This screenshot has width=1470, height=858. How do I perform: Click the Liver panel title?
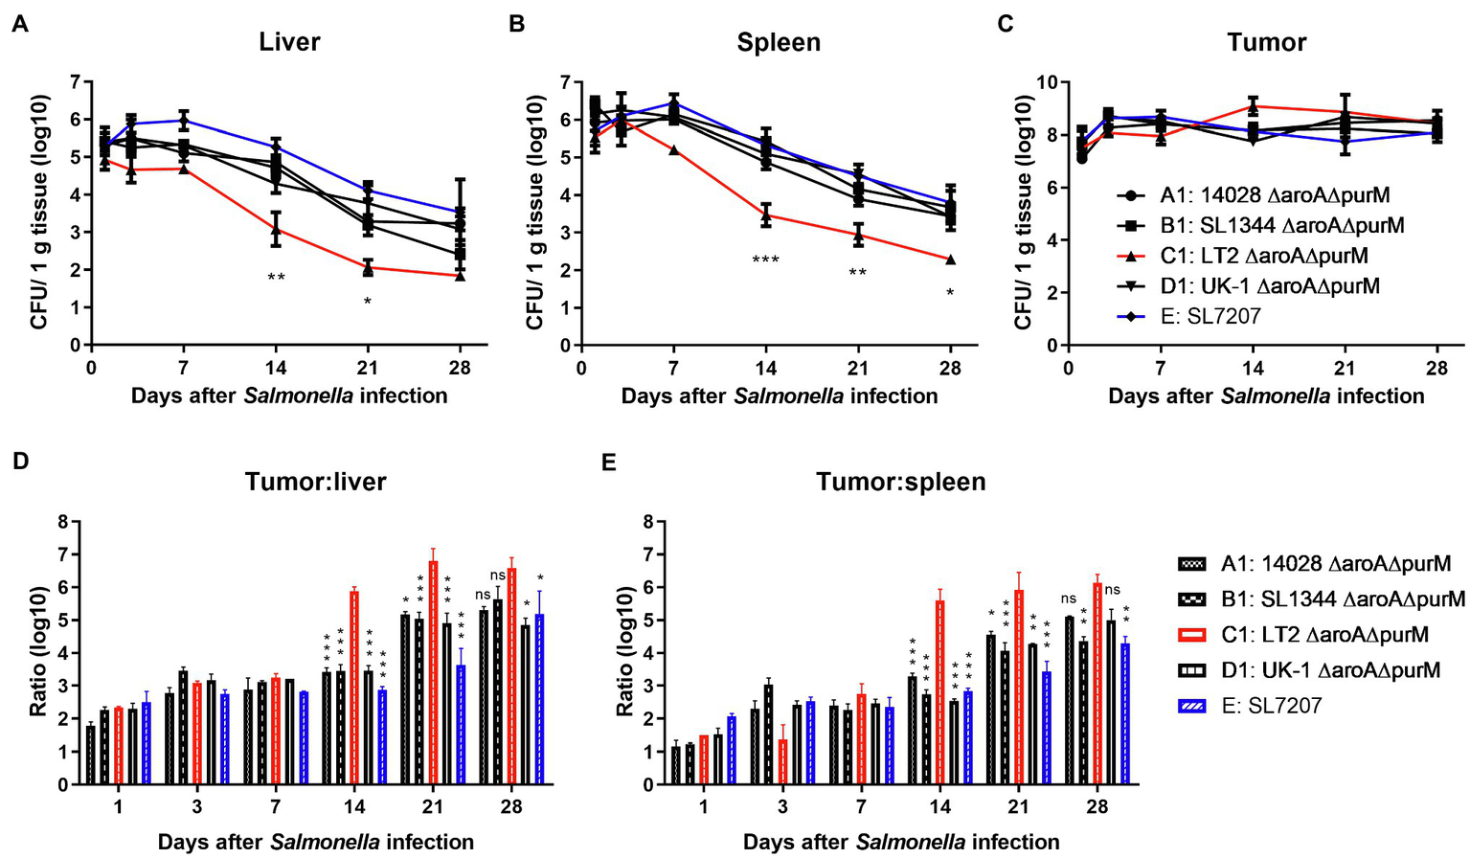(289, 42)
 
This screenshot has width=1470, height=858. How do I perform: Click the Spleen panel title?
(778, 42)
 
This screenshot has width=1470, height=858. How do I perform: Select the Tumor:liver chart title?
(315, 481)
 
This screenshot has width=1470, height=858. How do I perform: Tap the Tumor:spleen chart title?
(900, 481)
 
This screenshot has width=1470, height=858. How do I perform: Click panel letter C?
(1005, 23)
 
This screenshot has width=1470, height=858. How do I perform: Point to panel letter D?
(19, 461)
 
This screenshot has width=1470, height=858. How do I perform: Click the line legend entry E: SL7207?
(1210, 315)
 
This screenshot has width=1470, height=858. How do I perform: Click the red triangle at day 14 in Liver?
(276, 230)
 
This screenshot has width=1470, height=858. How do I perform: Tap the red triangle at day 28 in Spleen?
(950, 260)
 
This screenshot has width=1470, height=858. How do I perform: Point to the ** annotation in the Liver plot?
(276, 279)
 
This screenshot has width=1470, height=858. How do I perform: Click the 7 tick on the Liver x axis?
(183, 369)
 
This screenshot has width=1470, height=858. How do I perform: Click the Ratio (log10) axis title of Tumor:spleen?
(624, 654)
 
